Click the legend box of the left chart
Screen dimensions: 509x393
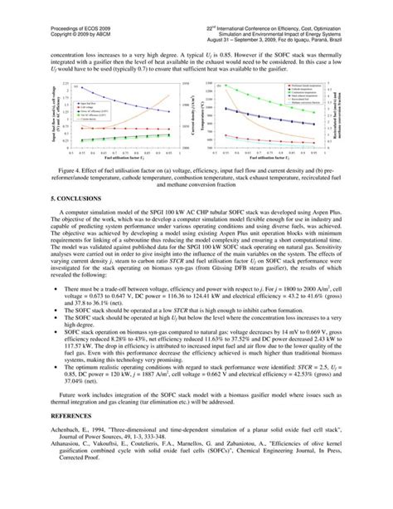[104, 107]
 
